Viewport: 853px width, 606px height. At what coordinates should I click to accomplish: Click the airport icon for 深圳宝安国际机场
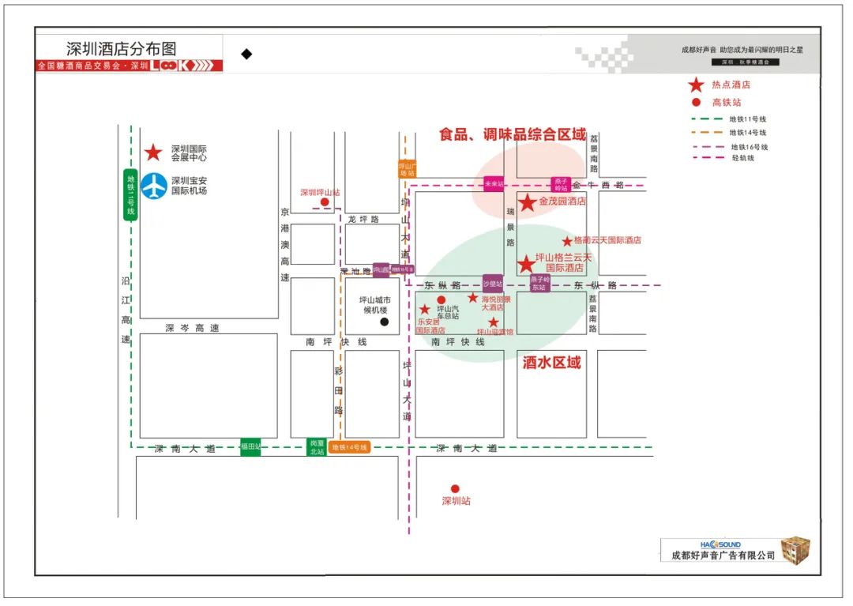pyautogui.click(x=154, y=186)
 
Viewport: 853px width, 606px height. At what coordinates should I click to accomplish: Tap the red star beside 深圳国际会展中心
pyautogui.click(x=153, y=152)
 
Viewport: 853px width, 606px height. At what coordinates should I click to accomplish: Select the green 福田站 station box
pyautogui.click(x=250, y=447)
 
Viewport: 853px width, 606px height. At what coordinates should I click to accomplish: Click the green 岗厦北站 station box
pyautogui.click(x=317, y=447)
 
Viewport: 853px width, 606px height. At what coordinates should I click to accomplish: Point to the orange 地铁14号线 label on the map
pyautogui.click(x=350, y=448)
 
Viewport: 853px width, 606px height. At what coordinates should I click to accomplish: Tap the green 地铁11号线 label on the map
pyautogui.click(x=131, y=195)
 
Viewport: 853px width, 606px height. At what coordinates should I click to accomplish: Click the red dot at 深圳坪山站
pyautogui.click(x=325, y=202)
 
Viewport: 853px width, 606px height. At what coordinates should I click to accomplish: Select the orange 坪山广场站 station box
pyautogui.click(x=407, y=169)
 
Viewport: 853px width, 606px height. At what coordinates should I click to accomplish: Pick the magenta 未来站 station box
pyautogui.click(x=494, y=184)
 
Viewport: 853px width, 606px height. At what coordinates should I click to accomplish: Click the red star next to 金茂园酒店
pyautogui.click(x=527, y=203)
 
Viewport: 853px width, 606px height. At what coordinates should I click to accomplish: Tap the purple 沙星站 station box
pyautogui.click(x=493, y=283)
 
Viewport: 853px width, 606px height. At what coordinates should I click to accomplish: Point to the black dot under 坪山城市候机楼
pyautogui.click(x=385, y=322)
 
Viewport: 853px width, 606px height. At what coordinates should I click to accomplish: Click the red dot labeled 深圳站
pyautogui.click(x=455, y=488)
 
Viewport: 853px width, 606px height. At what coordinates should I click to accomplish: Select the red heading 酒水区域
pyautogui.click(x=551, y=363)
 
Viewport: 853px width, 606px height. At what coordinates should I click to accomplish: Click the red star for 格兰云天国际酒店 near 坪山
pyautogui.click(x=526, y=264)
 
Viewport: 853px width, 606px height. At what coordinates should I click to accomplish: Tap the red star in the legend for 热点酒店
pyautogui.click(x=696, y=85)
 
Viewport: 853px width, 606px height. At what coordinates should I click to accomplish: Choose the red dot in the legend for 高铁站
pyautogui.click(x=696, y=102)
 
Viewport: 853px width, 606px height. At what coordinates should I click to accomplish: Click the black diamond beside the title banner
pyautogui.click(x=246, y=54)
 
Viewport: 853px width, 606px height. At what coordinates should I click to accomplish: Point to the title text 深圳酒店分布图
pyautogui.click(x=122, y=48)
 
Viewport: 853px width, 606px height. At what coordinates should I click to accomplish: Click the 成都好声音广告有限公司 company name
pyautogui.click(x=723, y=556)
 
